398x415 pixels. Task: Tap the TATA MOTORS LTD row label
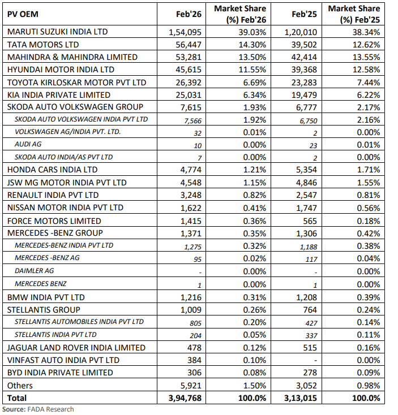pos(42,44)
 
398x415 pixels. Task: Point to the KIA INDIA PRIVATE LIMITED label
pos(58,94)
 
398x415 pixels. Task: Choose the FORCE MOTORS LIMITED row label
pos(54,221)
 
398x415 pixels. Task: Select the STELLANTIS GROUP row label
pos(43,309)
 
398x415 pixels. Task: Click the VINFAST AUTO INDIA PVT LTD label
pos(63,360)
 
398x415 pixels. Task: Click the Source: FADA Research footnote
pos(38,409)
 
